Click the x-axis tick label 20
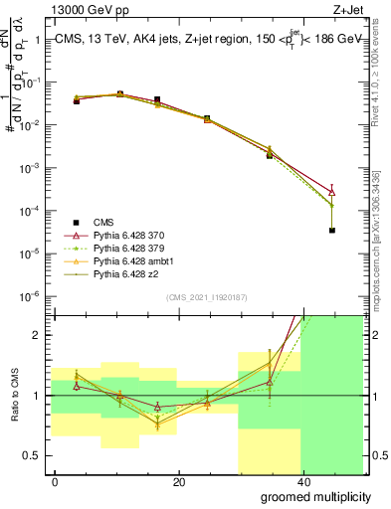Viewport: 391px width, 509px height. pos(178,481)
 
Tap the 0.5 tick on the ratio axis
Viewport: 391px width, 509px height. pos(33,456)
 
